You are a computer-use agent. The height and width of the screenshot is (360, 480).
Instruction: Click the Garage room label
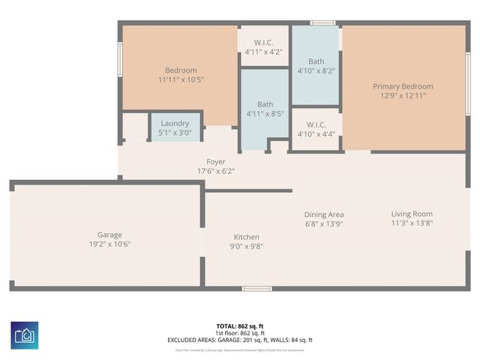(x=109, y=235)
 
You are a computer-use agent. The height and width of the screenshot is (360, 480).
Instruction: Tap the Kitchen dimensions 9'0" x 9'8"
(x=246, y=246)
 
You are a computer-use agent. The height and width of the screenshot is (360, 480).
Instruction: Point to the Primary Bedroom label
(x=403, y=87)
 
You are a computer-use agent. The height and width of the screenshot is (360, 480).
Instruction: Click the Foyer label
(x=216, y=162)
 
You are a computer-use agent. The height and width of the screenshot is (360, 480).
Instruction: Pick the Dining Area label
(x=324, y=214)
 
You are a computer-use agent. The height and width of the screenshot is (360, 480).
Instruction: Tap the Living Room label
(x=412, y=214)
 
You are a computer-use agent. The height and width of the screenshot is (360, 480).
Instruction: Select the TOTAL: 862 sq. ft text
(x=240, y=326)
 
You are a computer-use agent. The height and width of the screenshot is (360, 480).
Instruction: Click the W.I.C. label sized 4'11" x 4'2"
(x=263, y=43)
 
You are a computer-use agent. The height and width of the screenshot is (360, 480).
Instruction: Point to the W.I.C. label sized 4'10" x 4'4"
(x=316, y=124)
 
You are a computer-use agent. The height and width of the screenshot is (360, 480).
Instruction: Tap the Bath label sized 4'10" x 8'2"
(x=316, y=61)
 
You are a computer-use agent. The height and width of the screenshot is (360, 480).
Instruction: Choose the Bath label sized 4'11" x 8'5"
(x=265, y=105)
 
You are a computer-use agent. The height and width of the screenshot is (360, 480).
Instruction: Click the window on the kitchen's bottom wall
(x=257, y=288)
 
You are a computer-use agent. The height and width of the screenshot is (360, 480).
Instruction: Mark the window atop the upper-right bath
(x=323, y=23)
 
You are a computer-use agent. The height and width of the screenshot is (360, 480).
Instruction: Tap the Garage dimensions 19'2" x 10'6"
(x=109, y=244)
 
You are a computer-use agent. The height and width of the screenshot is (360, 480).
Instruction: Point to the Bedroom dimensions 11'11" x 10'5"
(x=181, y=79)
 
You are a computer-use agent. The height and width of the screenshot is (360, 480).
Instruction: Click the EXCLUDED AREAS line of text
(x=240, y=340)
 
